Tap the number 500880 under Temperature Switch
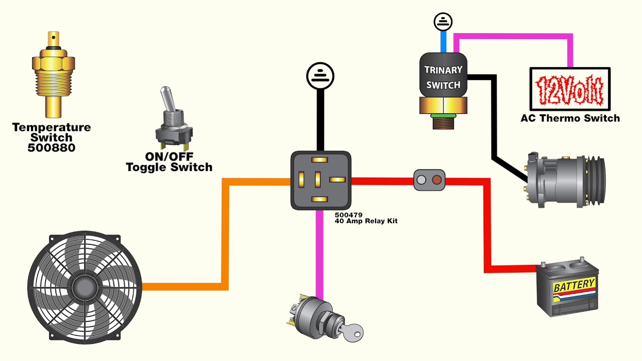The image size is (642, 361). (52, 148)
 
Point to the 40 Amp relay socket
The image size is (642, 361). (320, 180)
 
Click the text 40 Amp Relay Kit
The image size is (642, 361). (366, 221)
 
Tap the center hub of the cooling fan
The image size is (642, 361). (84, 287)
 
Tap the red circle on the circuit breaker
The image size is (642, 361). (436, 180)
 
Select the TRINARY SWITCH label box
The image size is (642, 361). (443, 77)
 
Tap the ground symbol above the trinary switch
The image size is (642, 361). (443, 22)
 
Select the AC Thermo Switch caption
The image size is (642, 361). (570, 119)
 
